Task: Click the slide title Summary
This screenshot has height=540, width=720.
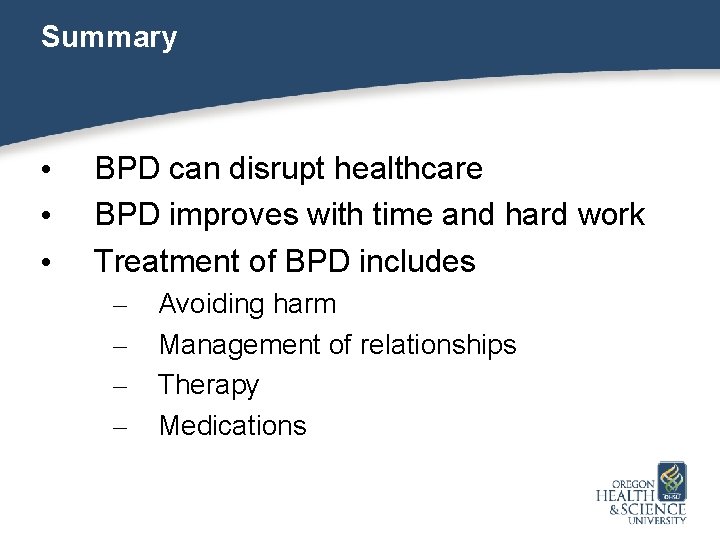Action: (109, 38)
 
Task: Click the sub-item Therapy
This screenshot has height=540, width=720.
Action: (209, 385)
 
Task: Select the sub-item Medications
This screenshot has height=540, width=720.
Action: (233, 426)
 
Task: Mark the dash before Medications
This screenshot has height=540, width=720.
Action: (120, 427)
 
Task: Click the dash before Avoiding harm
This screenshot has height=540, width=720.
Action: (120, 305)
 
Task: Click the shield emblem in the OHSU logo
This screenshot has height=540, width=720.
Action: (671, 481)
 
